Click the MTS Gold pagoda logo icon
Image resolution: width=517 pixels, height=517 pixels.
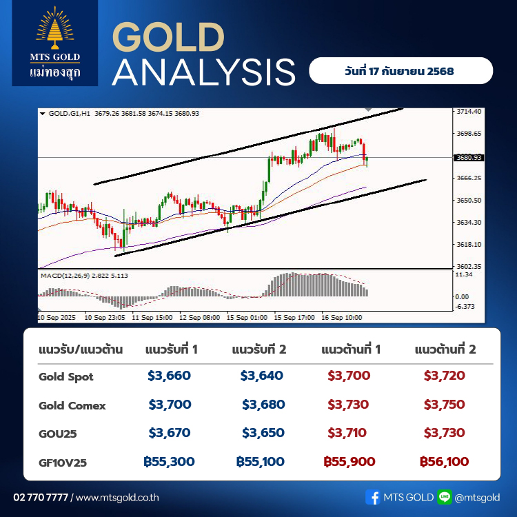(x=54, y=28)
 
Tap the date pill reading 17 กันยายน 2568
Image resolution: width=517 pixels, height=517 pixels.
(x=401, y=70)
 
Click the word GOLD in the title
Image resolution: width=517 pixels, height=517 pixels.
(x=168, y=37)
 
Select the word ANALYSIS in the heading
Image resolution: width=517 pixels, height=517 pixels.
(x=204, y=72)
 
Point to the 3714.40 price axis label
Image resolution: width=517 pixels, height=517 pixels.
(x=469, y=112)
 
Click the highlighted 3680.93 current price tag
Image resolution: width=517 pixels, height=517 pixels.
(x=469, y=158)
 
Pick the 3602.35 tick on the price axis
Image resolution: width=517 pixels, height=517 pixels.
(x=469, y=266)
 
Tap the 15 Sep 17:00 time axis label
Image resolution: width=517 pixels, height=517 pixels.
(x=294, y=318)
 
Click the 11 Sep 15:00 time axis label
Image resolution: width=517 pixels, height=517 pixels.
(x=152, y=318)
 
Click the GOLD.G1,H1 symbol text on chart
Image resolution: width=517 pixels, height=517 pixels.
(x=69, y=114)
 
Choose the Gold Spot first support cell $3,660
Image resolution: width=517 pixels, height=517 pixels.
(x=169, y=376)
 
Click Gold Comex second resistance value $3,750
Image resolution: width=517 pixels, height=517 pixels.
(x=444, y=404)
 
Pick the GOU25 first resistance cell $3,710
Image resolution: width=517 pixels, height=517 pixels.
(x=347, y=433)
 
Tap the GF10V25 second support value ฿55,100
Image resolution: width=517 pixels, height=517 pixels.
(x=261, y=462)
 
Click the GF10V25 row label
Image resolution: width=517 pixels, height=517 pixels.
(x=63, y=463)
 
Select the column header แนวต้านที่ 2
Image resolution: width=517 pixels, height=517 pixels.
(x=445, y=349)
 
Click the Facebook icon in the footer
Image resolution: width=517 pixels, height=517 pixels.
(x=373, y=497)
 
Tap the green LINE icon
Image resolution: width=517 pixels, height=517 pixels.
(x=445, y=497)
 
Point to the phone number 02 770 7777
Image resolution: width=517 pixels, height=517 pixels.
(x=41, y=497)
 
